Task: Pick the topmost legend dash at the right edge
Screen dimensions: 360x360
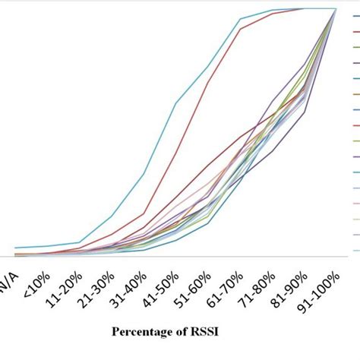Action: pyautogui.click(x=355, y=33)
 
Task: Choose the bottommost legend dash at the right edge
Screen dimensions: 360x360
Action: pyautogui.click(x=355, y=248)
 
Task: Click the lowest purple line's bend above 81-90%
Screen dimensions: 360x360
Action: pyautogui.click(x=305, y=114)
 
